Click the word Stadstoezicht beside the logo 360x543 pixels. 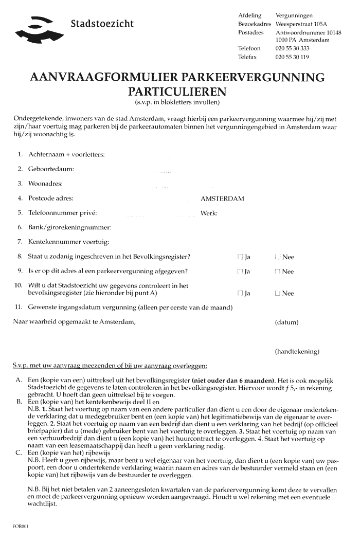click(102, 24)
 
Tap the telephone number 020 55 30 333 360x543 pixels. click(292, 48)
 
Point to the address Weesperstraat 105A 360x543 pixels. click(302, 24)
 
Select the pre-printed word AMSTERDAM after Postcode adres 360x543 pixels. click(222, 198)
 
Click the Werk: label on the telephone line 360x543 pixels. click(209, 213)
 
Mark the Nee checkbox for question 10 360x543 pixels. click(278, 294)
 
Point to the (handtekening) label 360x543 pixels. click(297, 352)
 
